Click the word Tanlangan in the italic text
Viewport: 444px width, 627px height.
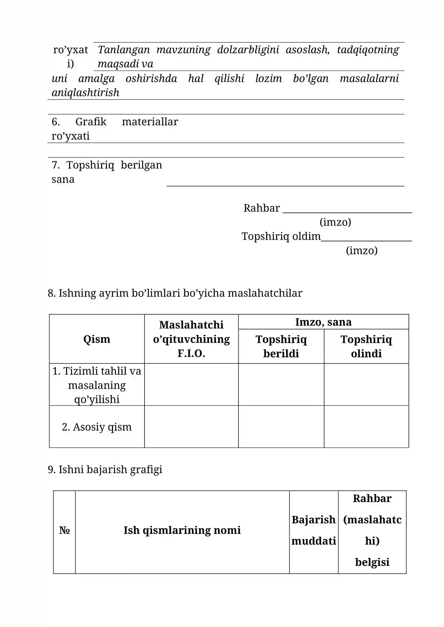(123, 50)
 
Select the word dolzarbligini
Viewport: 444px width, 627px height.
(248, 50)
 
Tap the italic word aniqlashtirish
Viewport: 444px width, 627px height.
(85, 93)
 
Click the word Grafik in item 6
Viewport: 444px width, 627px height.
(91, 122)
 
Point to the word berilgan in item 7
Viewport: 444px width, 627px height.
(141, 165)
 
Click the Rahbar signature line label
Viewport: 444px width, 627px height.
(261, 208)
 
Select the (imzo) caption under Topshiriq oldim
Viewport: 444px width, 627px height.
(361, 250)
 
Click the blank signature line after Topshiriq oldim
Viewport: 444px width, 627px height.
(366, 240)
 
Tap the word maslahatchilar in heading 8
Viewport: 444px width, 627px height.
(265, 293)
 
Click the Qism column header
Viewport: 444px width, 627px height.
(97, 339)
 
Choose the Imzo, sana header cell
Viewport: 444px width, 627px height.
(323, 322)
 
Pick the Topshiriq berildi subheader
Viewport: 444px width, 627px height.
(281, 346)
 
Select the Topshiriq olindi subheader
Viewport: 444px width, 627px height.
(366, 346)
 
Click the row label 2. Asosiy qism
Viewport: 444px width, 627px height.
(97, 427)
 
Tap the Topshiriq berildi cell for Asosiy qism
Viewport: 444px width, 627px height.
(281, 427)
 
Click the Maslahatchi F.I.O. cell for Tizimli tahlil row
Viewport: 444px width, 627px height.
(191, 384)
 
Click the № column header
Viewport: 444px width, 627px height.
(64, 530)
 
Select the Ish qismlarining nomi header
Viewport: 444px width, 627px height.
(182, 530)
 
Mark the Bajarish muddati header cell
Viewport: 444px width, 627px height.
(314, 530)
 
